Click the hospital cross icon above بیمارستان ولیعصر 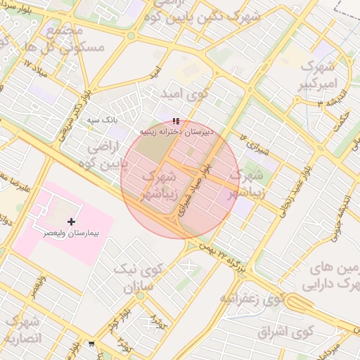click(x=71, y=221)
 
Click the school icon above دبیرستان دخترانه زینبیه click(x=176, y=121)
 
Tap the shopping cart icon click(x=91, y=344)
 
